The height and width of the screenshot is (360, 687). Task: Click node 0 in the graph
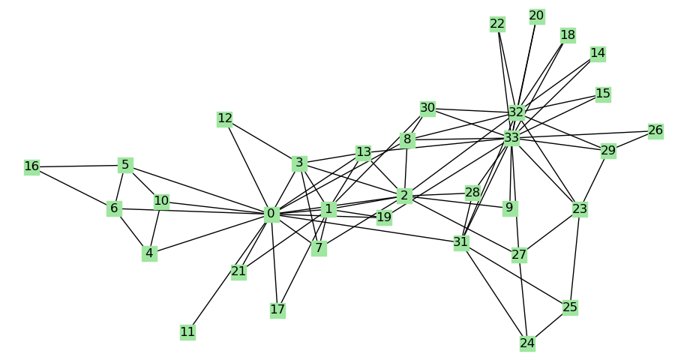pyautogui.click(x=271, y=214)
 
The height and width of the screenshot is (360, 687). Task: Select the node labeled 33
pyautogui.click(x=511, y=138)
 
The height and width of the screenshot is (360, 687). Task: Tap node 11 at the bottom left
pyautogui.click(x=187, y=331)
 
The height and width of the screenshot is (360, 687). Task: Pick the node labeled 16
pyautogui.click(x=31, y=166)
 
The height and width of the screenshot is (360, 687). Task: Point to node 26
pyautogui.click(x=655, y=130)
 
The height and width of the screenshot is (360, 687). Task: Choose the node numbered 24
pyautogui.click(x=527, y=343)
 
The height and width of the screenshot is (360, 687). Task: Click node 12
pyautogui.click(x=225, y=118)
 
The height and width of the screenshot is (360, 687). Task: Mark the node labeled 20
pyautogui.click(x=536, y=16)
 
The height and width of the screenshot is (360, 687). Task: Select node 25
pyautogui.click(x=570, y=307)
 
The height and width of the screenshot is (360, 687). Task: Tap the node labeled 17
pyautogui.click(x=277, y=309)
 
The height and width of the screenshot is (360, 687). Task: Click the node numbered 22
pyautogui.click(x=497, y=24)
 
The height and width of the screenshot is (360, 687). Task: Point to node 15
pyautogui.click(x=603, y=94)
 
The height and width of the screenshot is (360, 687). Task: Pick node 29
pyautogui.click(x=608, y=151)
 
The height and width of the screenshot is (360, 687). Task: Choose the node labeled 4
pyautogui.click(x=149, y=253)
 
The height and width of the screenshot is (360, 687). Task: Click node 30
pyautogui.click(x=427, y=108)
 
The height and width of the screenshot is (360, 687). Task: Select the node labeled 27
pyautogui.click(x=519, y=255)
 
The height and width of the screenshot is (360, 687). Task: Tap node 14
pyautogui.click(x=598, y=53)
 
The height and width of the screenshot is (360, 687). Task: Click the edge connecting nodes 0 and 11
pyautogui.click(x=229, y=273)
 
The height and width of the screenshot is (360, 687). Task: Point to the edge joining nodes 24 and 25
pyautogui.click(x=548, y=325)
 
